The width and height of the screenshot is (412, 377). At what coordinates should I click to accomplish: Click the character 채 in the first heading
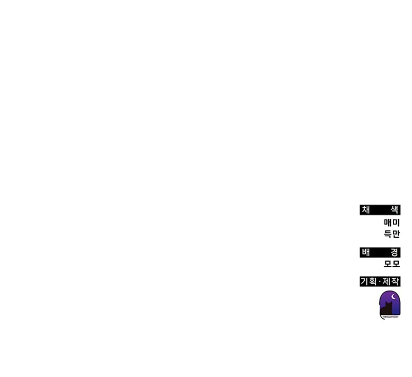click(x=366, y=210)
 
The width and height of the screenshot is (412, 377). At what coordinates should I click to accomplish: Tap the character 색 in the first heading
click(x=394, y=210)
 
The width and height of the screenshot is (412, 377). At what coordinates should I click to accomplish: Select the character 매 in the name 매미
click(x=388, y=223)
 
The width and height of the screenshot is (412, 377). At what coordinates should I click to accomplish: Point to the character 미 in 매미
click(x=396, y=223)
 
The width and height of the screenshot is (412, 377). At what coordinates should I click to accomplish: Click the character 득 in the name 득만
click(x=388, y=234)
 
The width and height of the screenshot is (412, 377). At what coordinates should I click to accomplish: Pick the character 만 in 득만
click(x=396, y=234)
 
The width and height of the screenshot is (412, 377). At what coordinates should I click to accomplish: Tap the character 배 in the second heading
click(x=366, y=252)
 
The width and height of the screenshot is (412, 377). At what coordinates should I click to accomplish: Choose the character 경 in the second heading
click(x=394, y=252)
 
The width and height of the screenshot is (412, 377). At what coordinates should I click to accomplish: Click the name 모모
click(x=392, y=264)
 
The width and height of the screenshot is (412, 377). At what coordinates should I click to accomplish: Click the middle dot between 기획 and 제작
click(x=380, y=282)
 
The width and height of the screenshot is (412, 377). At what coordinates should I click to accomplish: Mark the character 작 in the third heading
click(x=396, y=282)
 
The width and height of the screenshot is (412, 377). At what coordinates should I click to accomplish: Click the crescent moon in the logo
click(x=393, y=296)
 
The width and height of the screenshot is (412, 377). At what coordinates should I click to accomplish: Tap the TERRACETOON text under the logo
click(x=390, y=316)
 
